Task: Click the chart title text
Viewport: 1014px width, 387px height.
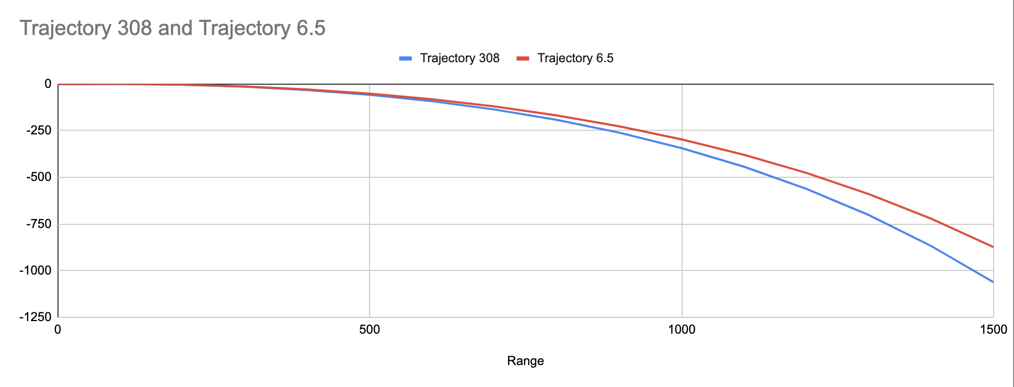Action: tap(172, 28)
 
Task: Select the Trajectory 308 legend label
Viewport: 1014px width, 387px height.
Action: tap(459, 58)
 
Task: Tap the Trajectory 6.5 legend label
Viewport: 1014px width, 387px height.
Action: tap(575, 58)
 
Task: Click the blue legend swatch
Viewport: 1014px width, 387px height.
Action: tap(406, 59)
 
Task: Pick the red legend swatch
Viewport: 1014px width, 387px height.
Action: tap(523, 59)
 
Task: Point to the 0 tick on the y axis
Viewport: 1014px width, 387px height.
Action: tap(48, 84)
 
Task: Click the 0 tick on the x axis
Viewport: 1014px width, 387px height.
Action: tap(57, 329)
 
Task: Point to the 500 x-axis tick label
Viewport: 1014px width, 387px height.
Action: tap(370, 329)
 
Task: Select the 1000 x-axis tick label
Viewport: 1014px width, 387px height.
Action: tap(682, 329)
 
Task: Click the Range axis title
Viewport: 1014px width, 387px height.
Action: tap(525, 361)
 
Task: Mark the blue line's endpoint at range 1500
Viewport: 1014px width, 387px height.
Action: tap(993, 282)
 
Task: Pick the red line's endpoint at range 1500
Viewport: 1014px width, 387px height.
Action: tap(993, 247)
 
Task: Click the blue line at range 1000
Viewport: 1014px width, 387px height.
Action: tap(682, 148)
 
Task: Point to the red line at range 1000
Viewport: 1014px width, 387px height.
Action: tap(682, 139)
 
